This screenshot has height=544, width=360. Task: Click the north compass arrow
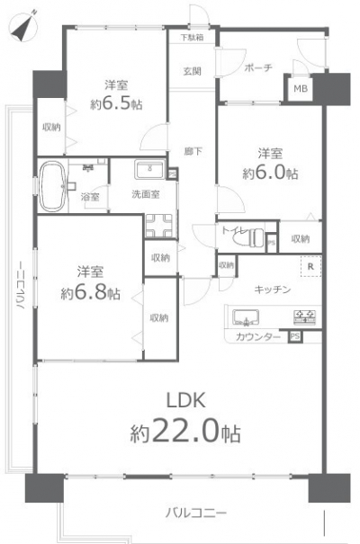pyautogui.click(x=23, y=27)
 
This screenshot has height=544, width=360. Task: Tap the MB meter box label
pyautogui.click(x=301, y=89)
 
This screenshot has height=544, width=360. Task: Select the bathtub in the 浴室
pyautogui.click(x=53, y=187)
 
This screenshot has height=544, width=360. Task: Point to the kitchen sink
pyautogui.click(x=246, y=317)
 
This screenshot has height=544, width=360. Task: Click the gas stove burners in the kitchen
pyautogui.click(x=304, y=317)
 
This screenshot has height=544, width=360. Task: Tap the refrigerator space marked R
pyautogui.click(x=310, y=266)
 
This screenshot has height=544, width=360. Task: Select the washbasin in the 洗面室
pyautogui.click(x=150, y=169)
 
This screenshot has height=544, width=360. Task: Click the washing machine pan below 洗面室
pyautogui.click(x=158, y=226)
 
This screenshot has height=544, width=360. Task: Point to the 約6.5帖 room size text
pyautogui.click(x=116, y=103)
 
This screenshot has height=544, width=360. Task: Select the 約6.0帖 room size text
pyautogui.click(x=270, y=173)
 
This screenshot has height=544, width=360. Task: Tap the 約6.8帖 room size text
pyautogui.click(x=90, y=293)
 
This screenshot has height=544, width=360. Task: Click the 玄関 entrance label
pyautogui.click(x=192, y=71)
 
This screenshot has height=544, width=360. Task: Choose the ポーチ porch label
pyautogui.click(x=258, y=67)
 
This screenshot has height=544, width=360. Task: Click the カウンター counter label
pyautogui.click(x=258, y=337)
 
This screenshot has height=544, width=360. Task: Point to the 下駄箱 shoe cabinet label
pyautogui.click(x=192, y=37)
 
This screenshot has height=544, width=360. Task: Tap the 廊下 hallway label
pyautogui.click(x=193, y=151)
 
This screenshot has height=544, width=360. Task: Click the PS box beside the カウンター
pyautogui.click(x=294, y=336)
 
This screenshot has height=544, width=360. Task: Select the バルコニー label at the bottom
pyautogui.click(x=196, y=513)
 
